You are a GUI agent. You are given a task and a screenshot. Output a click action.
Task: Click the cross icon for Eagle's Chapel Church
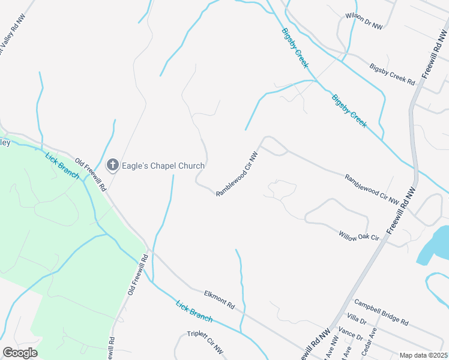(x=112, y=166)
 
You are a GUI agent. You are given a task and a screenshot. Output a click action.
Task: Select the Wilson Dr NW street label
(x=364, y=22)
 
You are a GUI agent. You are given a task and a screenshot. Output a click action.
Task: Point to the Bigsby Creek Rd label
(x=393, y=74)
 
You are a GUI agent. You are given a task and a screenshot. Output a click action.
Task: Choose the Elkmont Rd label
(x=219, y=299)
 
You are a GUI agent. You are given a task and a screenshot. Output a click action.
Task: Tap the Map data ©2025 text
(x=424, y=355)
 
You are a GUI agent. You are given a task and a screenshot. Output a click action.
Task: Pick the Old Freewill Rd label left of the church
(x=91, y=174)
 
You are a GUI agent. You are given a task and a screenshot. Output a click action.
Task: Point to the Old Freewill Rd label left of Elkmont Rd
(x=137, y=275)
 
